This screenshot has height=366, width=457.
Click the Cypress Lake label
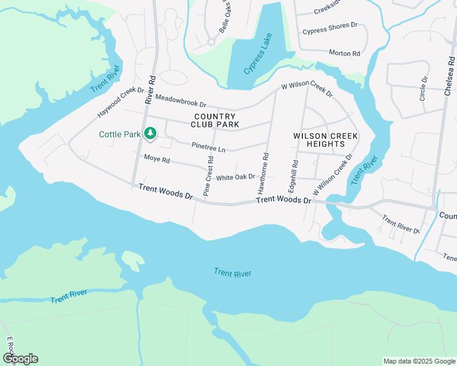coord(257,54)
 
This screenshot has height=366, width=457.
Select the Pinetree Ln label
coord(208,148)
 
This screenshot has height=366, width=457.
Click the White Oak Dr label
coord(235,177)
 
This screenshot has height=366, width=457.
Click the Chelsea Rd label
coord(450,76)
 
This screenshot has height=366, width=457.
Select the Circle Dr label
coord(423,88)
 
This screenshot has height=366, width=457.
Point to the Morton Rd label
coord(345,53)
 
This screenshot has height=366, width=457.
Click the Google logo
coord(20,359)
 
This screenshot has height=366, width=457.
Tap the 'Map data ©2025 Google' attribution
coord(419,361)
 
